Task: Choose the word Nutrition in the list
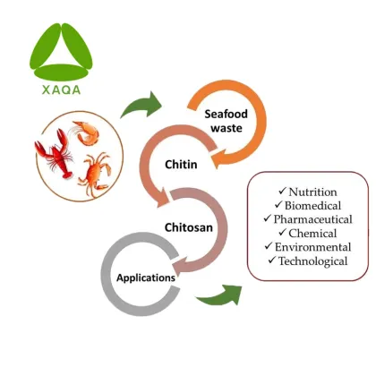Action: coord(312,192)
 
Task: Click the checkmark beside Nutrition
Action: coord(282,192)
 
